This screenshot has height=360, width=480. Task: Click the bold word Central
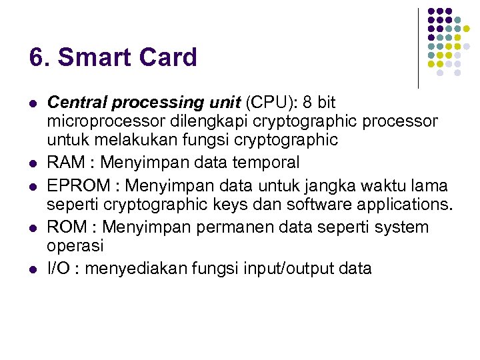pos(78,103)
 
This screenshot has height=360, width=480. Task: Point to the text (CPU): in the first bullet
pos(272,103)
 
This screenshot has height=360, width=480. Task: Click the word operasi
pos(75,245)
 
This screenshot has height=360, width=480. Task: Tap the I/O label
pos(59,268)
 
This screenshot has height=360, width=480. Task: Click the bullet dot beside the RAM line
pos(32,163)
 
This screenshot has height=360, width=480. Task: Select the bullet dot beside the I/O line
pos(32,269)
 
